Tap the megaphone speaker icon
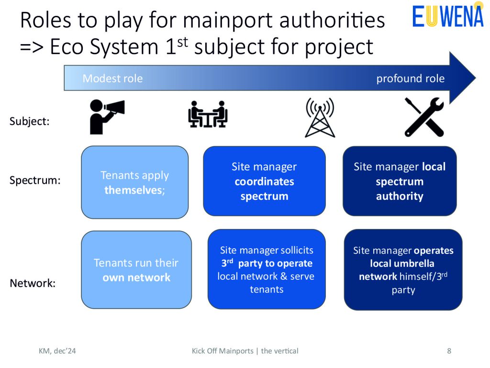click(x=107, y=117)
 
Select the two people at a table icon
click(x=208, y=114)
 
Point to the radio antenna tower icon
click(x=320, y=117)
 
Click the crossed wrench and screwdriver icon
click(x=424, y=117)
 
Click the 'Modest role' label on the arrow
click(x=112, y=78)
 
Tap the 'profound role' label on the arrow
click(x=410, y=78)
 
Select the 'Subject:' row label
click(x=29, y=121)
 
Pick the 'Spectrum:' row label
click(x=35, y=180)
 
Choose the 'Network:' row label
click(x=33, y=283)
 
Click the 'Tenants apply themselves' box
click(x=134, y=182)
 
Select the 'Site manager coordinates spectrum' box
click(x=264, y=181)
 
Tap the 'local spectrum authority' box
click(x=400, y=181)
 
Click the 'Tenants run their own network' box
click(x=136, y=270)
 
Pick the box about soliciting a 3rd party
click(x=267, y=269)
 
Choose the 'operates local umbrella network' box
click(x=403, y=270)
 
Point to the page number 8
click(x=449, y=351)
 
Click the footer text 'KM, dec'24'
click(x=57, y=351)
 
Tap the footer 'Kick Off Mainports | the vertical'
click(x=245, y=351)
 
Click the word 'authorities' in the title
click(x=332, y=20)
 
